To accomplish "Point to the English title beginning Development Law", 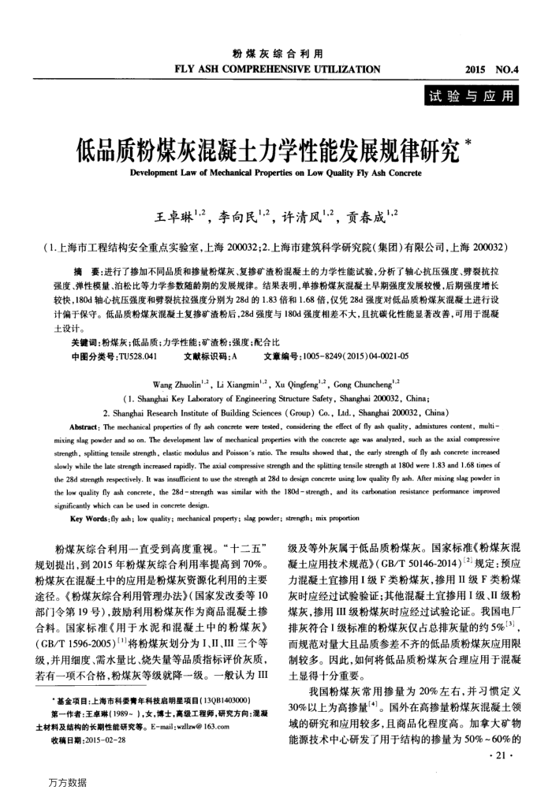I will pos(276,171).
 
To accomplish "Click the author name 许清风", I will pos(308,206).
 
